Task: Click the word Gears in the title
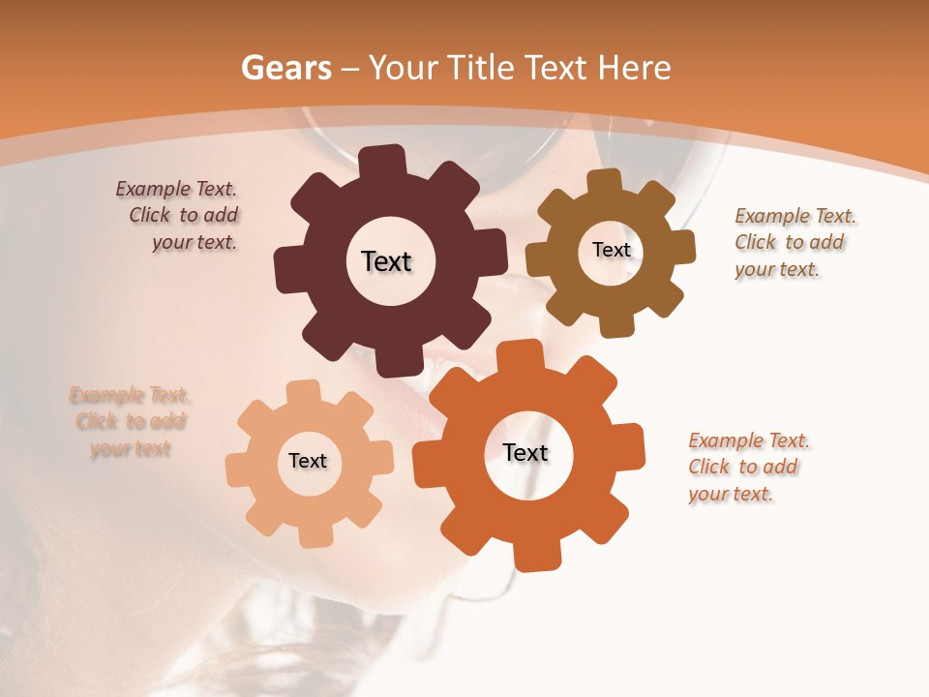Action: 285,68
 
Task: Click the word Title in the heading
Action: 479,68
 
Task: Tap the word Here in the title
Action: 636,68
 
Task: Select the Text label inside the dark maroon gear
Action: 386,261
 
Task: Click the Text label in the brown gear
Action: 611,250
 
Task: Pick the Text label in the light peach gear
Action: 308,461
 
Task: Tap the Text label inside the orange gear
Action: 525,452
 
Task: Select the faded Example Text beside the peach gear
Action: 130,421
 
